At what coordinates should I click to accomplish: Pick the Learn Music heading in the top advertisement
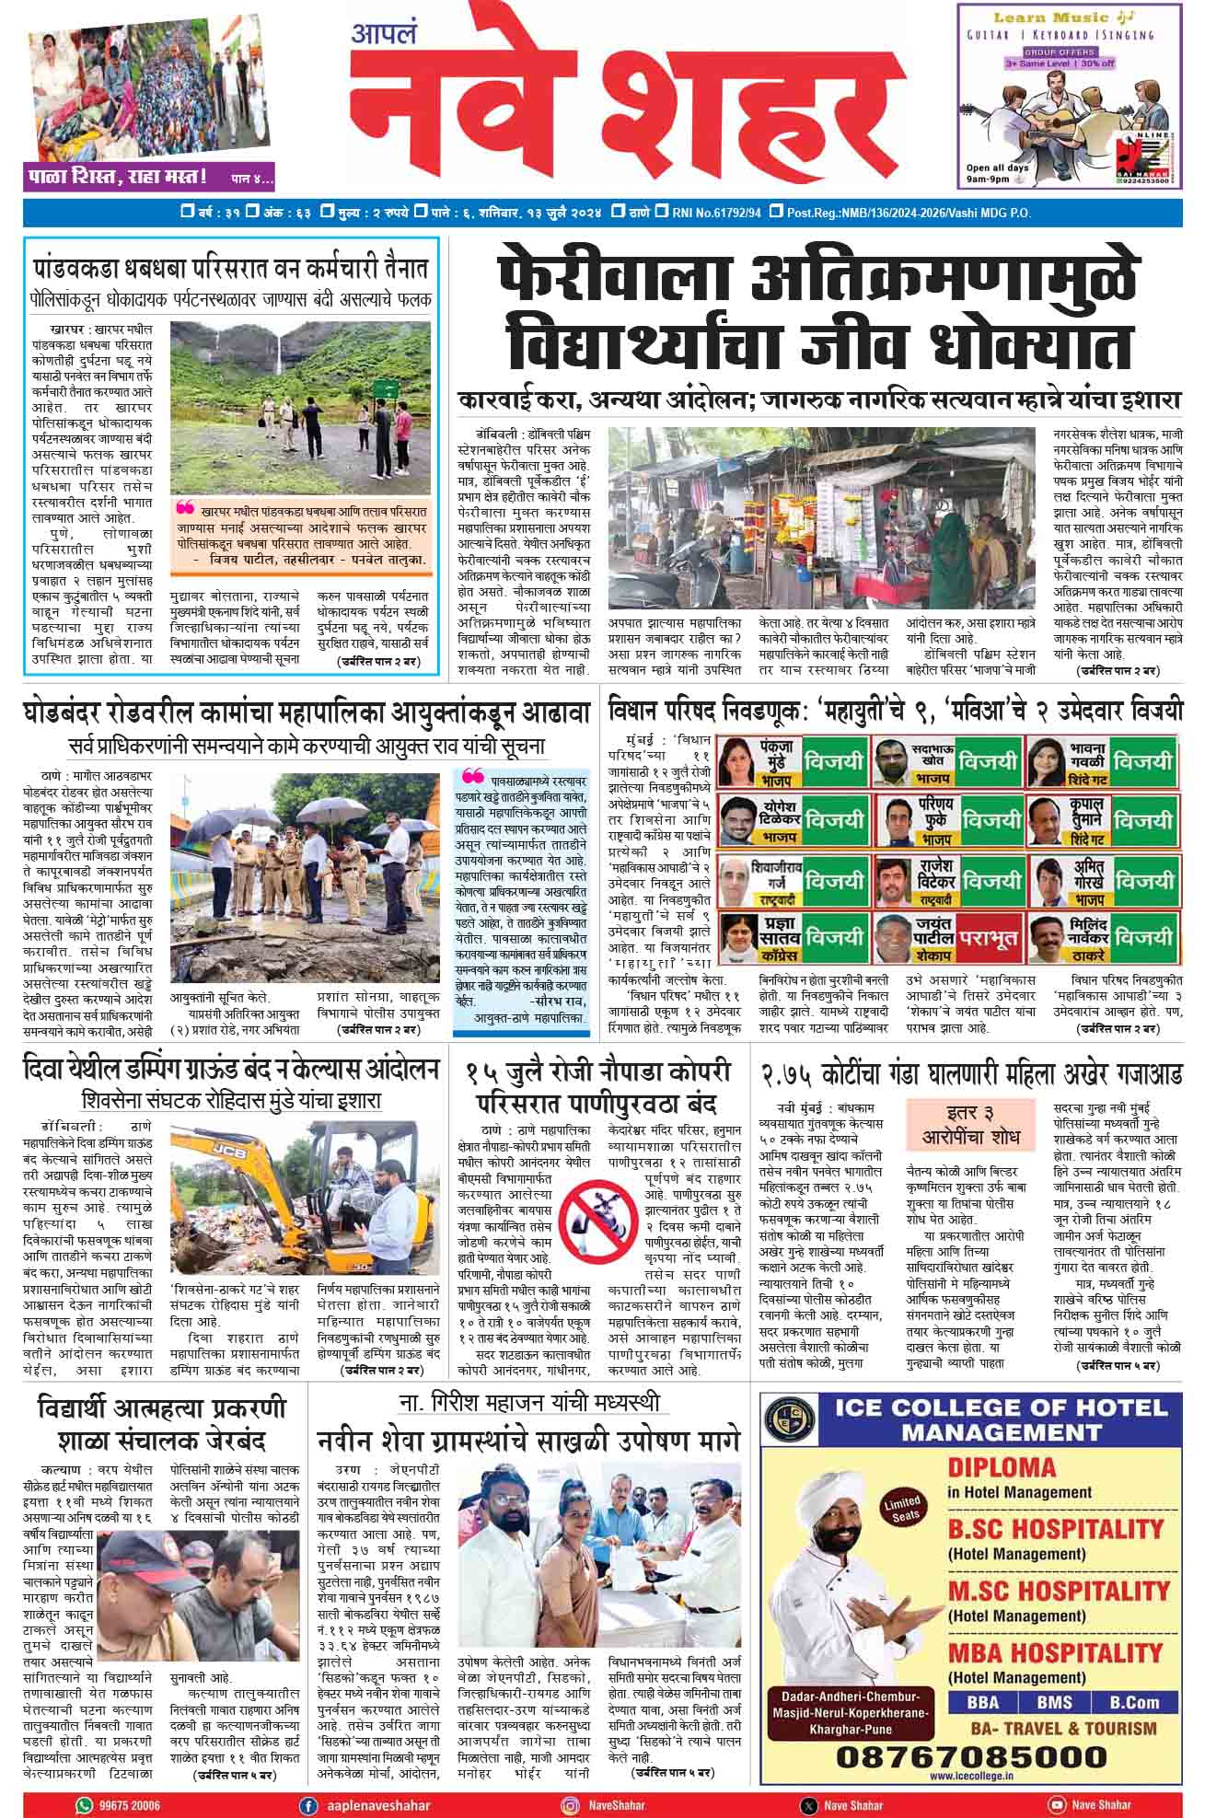coord(1058,17)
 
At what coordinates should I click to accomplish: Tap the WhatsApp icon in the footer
coord(85,1805)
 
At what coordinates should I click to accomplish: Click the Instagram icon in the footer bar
coord(570,1805)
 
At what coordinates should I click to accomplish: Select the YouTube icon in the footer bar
coord(1056,1805)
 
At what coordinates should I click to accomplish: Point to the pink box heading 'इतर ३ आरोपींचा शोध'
coord(970,1124)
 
